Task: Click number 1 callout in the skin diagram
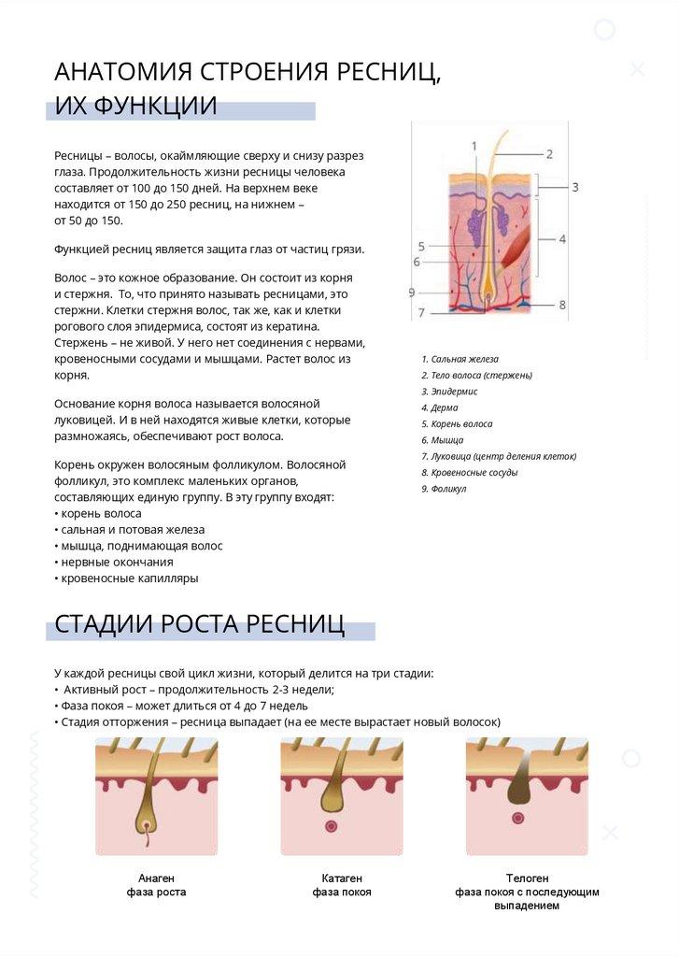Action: (474, 147)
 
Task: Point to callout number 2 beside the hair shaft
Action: (550, 154)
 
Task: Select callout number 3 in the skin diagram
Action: (575, 187)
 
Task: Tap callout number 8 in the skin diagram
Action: (562, 305)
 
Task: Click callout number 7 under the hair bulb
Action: (421, 313)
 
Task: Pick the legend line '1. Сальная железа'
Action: (460, 359)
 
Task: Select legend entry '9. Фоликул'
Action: (444, 489)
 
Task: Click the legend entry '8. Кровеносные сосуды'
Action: (469, 473)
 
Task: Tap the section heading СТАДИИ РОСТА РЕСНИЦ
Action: (199, 624)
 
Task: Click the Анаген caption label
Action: (156, 878)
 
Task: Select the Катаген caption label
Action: (342, 878)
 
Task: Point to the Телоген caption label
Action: (527, 878)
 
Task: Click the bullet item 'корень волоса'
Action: (101, 513)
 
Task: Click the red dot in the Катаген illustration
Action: (331, 826)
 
